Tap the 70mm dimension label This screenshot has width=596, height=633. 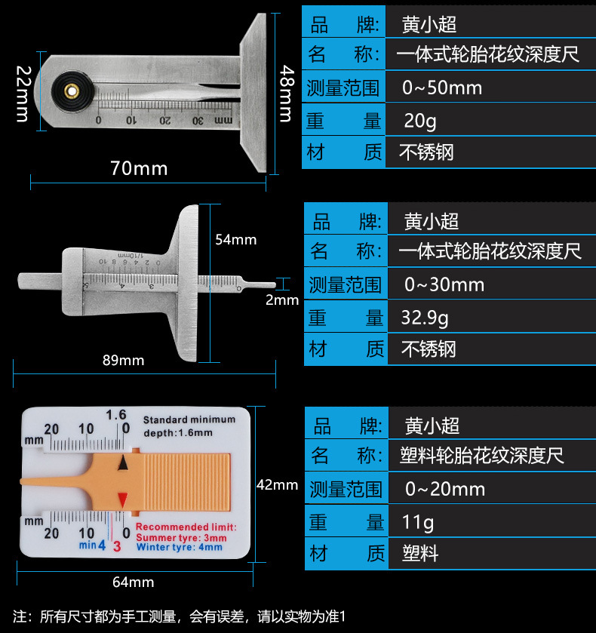pyautogui.click(x=139, y=167)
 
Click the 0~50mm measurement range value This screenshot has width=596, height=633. pyautogui.click(x=441, y=88)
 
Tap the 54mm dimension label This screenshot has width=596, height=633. pyautogui.click(x=235, y=240)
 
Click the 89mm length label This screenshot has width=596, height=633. pyautogui.click(x=123, y=361)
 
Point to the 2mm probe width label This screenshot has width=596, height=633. pyautogui.click(x=282, y=300)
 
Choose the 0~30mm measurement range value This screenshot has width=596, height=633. pyautogui.click(x=444, y=284)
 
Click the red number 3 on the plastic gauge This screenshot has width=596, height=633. pyautogui.click(x=116, y=545)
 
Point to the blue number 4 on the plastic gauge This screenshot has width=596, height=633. pyautogui.click(x=102, y=545)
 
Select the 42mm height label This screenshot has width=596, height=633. pyautogui.click(x=277, y=485)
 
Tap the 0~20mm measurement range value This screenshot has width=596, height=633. pyautogui.click(x=444, y=489)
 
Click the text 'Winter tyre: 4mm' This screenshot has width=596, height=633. pyautogui.click(x=180, y=547)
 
